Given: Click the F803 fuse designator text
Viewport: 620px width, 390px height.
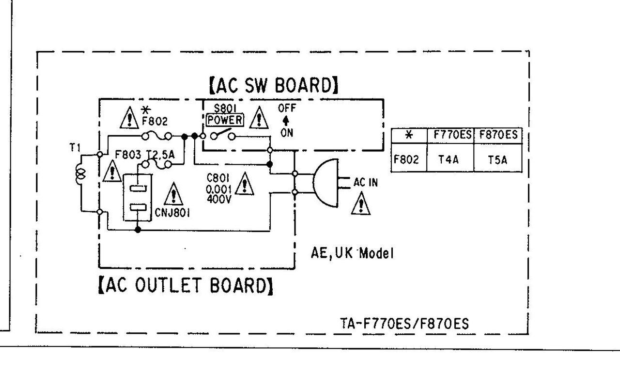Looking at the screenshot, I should pos(128,155).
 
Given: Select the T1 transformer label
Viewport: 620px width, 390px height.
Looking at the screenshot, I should pos(74,148).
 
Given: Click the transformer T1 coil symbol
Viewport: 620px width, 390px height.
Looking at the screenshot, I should pos(80,173).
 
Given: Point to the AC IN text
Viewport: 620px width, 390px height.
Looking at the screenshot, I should pos(366,183).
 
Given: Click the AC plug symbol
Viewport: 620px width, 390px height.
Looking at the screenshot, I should pos(325,183).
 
